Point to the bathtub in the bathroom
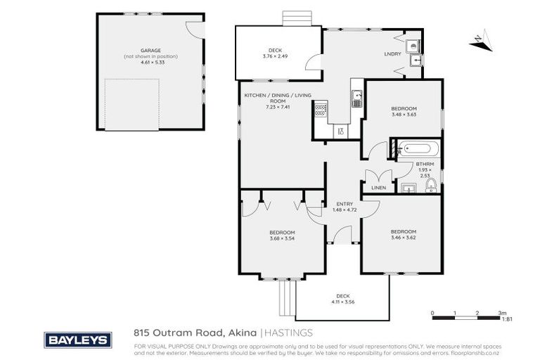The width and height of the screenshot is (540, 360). click(x=418, y=149)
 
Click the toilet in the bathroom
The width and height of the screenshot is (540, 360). click(x=431, y=186)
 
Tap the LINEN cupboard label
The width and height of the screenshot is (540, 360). click(x=378, y=188)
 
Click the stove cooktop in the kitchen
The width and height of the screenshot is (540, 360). click(x=321, y=109)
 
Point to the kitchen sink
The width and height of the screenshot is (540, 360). click(x=357, y=98)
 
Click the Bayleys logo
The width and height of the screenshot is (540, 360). click(x=78, y=340)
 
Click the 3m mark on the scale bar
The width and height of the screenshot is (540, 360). click(x=501, y=312)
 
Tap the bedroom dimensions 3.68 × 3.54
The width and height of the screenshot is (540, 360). click(x=282, y=238)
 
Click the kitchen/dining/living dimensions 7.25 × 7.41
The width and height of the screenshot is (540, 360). click(x=277, y=107)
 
